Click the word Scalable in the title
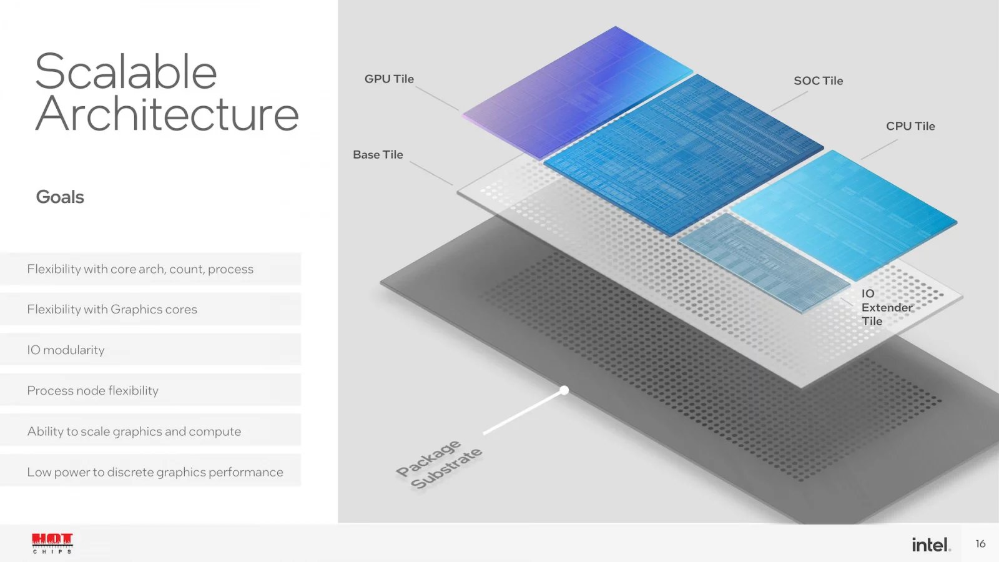(x=126, y=72)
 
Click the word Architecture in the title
(x=167, y=114)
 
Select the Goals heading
(x=60, y=197)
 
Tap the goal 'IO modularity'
(x=66, y=350)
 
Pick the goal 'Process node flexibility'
(x=92, y=390)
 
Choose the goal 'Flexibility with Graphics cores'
(x=112, y=309)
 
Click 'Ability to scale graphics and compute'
(x=134, y=431)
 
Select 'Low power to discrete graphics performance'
(x=155, y=472)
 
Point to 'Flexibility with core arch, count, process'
(x=140, y=269)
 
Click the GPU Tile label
(x=389, y=79)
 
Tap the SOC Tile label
(x=818, y=81)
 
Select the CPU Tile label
(x=910, y=126)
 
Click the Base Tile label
(x=378, y=155)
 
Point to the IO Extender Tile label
(x=885, y=307)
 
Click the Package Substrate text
(x=439, y=465)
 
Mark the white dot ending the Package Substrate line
(x=564, y=390)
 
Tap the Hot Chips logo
(x=52, y=543)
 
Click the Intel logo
(x=930, y=545)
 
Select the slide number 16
(x=980, y=544)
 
